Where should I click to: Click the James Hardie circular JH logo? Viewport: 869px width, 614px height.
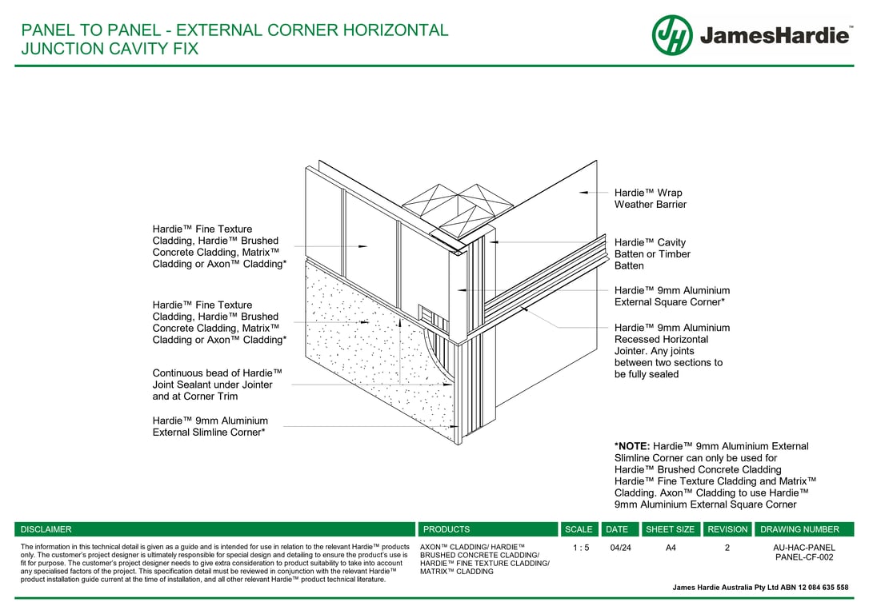(x=672, y=35)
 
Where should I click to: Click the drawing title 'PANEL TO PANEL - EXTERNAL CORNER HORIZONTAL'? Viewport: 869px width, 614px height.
(x=234, y=31)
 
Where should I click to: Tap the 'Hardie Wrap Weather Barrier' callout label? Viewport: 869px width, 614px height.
(x=649, y=198)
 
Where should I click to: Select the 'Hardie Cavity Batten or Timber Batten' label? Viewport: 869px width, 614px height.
(x=652, y=253)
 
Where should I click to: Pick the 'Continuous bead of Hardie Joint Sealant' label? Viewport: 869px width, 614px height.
(x=217, y=385)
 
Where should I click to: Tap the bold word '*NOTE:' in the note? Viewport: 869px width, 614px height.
(x=632, y=446)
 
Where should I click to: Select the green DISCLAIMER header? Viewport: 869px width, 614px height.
(x=46, y=529)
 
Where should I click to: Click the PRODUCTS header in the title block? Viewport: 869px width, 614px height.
(x=447, y=529)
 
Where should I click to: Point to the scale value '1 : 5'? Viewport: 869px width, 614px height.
(x=581, y=548)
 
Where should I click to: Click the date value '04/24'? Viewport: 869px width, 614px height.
(x=620, y=548)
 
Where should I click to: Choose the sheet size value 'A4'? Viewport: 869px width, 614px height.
(x=671, y=548)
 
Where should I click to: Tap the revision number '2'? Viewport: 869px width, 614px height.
(x=727, y=548)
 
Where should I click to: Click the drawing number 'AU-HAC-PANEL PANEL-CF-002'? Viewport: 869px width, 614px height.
(x=803, y=552)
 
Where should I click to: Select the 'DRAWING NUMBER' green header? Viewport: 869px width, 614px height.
(x=799, y=529)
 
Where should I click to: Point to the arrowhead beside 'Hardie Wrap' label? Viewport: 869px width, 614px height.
(x=583, y=193)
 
